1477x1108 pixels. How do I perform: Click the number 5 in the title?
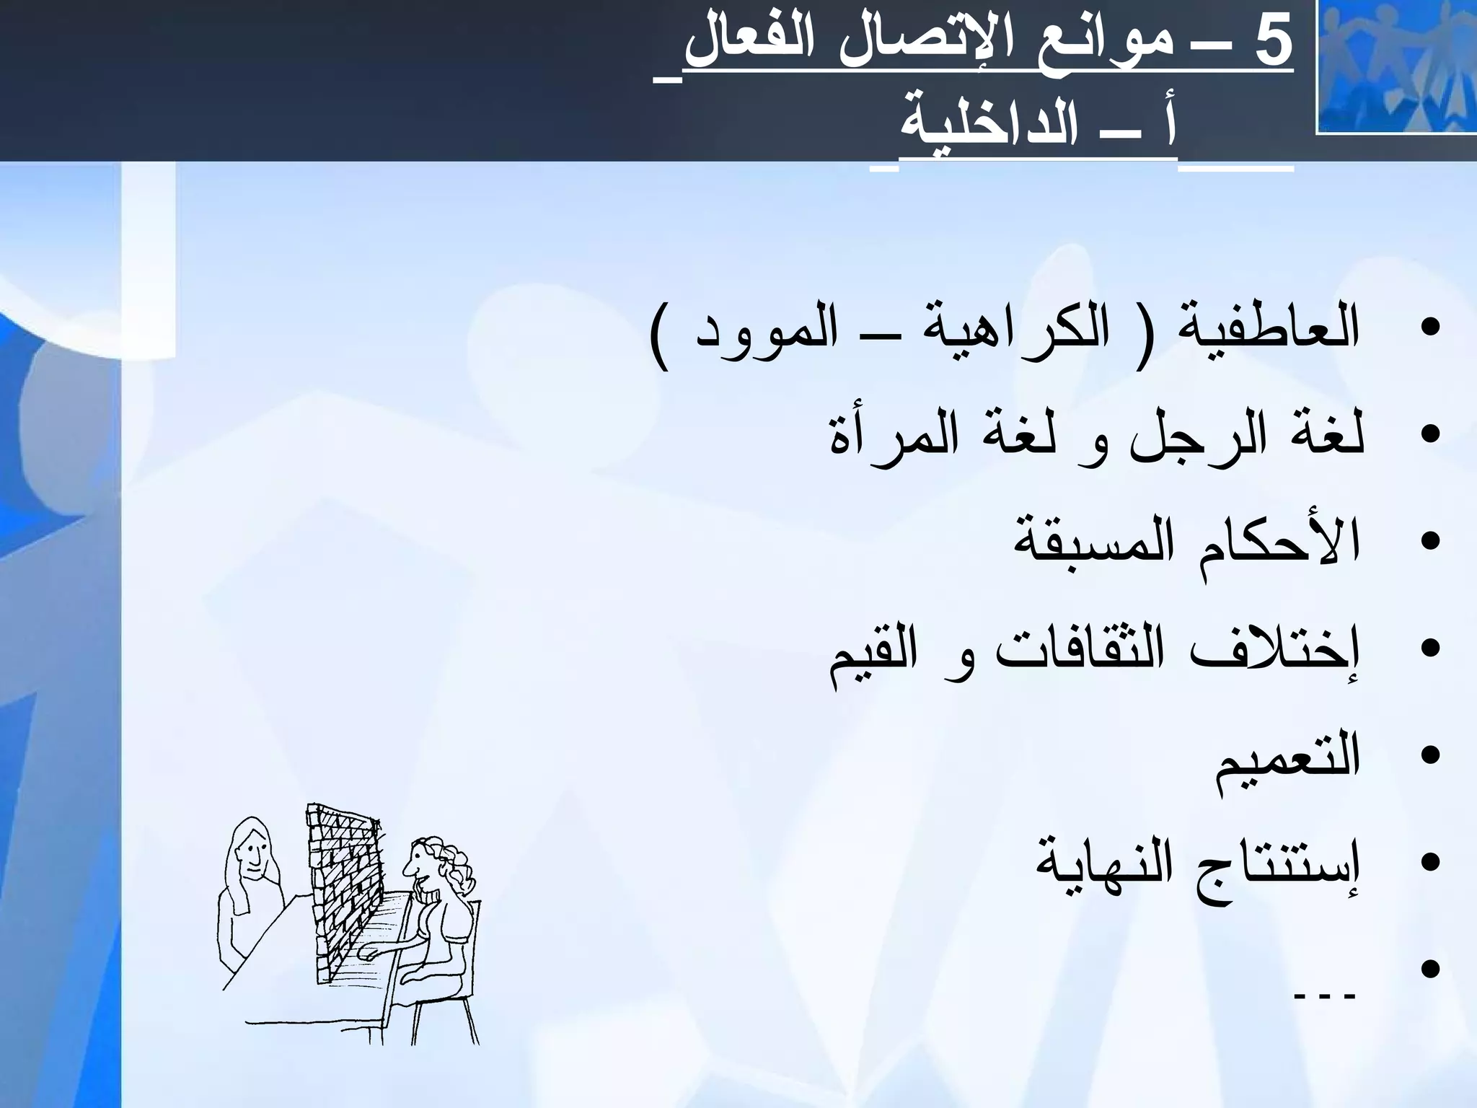(1271, 43)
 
